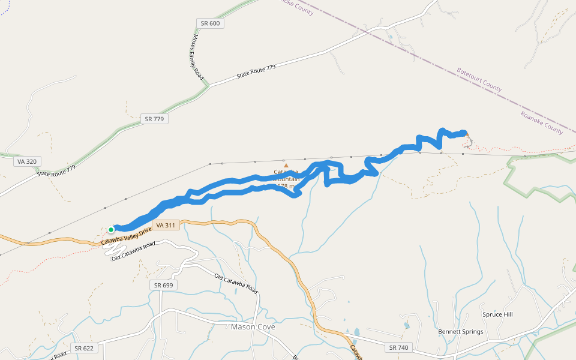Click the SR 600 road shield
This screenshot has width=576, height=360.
click(x=210, y=23)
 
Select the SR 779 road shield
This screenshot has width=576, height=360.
click(x=154, y=119)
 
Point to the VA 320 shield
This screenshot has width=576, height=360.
click(x=26, y=161)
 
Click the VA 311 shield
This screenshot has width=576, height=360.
click(x=166, y=226)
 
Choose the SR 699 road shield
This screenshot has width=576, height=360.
click(x=163, y=285)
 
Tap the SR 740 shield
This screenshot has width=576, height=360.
click(x=398, y=347)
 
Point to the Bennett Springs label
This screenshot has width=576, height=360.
click(x=461, y=332)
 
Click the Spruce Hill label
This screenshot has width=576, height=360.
click(x=497, y=314)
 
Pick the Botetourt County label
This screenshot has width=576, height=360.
click(x=479, y=79)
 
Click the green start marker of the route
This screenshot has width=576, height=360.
click(x=111, y=229)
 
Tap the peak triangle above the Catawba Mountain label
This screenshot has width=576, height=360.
click(x=286, y=165)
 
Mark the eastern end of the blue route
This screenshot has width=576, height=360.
click(x=464, y=133)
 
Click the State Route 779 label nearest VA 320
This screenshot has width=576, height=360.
click(x=56, y=170)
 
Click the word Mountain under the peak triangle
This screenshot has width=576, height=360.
click(x=286, y=179)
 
